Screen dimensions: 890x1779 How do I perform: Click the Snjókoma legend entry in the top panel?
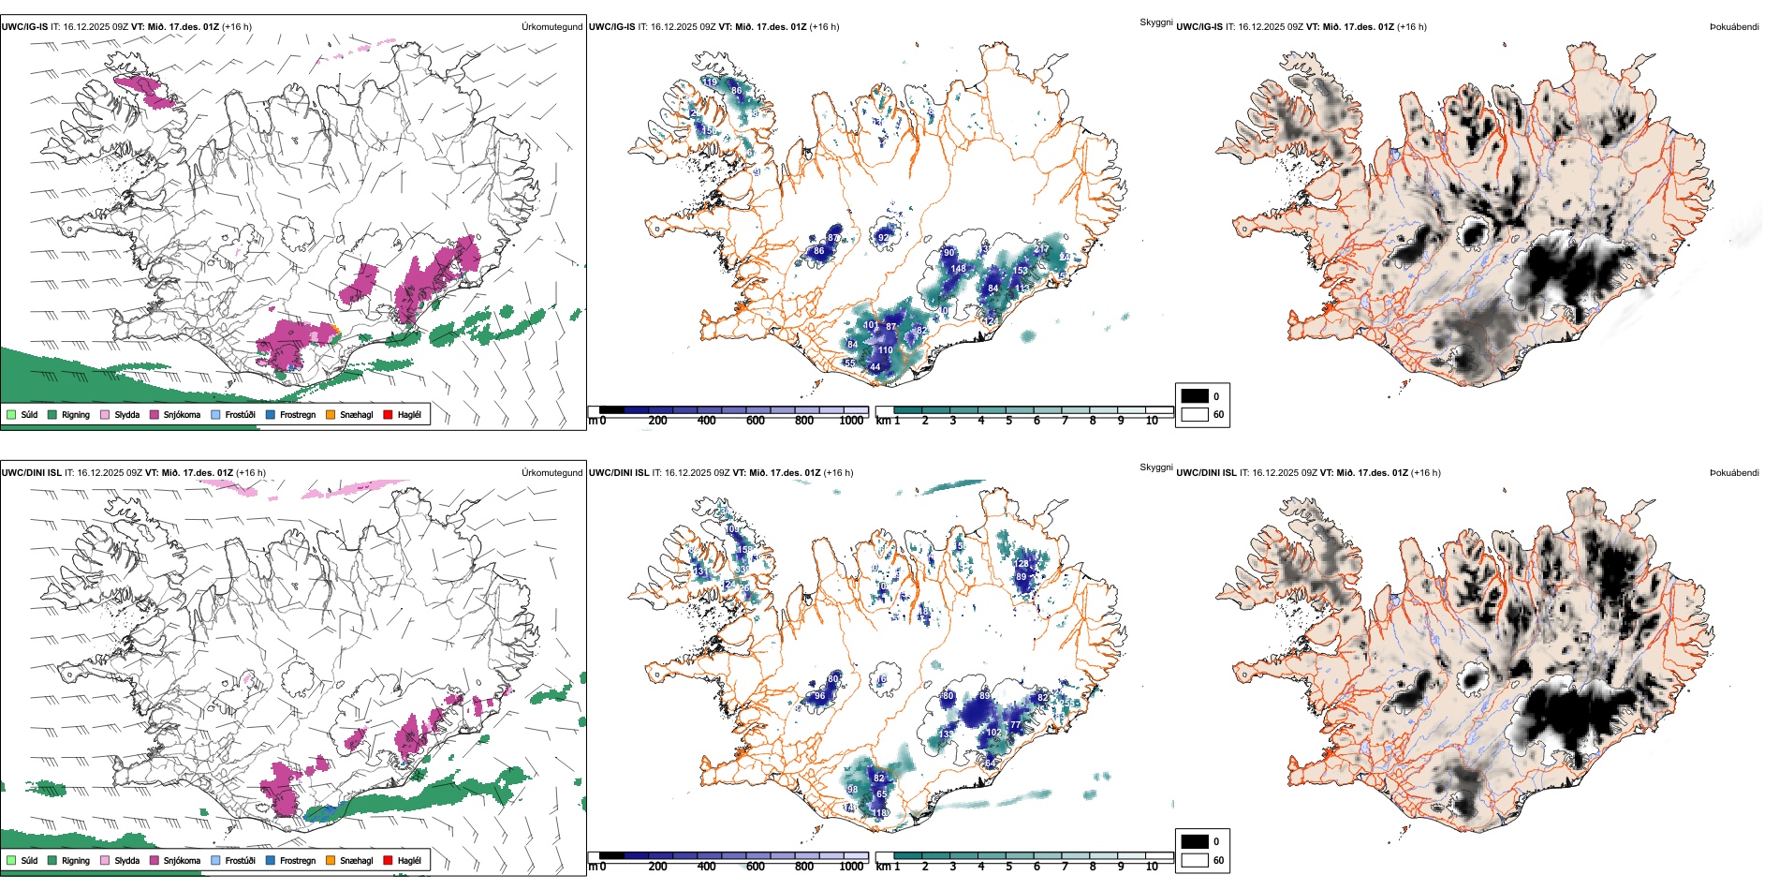(181, 415)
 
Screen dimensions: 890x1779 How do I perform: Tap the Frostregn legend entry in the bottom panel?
(297, 861)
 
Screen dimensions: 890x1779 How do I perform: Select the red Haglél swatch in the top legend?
(388, 415)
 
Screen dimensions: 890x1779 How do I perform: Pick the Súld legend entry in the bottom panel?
(29, 861)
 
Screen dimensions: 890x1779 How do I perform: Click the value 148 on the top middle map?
(958, 269)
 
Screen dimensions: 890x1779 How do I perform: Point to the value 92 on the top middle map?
(883, 238)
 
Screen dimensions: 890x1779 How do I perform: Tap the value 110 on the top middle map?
(885, 350)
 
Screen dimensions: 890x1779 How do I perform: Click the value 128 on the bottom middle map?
(1022, 564)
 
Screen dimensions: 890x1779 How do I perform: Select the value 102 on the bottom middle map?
(993, 733)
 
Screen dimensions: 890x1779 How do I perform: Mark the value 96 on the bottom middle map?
(819, 696)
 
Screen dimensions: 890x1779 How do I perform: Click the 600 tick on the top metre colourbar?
(756, 421)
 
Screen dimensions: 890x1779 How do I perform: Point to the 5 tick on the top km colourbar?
(1009, 421)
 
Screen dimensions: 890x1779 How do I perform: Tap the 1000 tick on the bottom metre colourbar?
(851, 867)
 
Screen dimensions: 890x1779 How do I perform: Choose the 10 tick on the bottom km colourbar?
(1152, 867)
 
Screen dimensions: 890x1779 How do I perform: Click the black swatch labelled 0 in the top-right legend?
(1195, 396)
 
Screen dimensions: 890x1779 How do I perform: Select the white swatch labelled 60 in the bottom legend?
(1195, 860)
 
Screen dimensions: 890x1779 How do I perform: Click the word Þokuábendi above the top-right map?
(1734, 27)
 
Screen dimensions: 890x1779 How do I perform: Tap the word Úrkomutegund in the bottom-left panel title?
(551, 473)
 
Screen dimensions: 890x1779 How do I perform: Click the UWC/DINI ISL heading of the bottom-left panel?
(31, 473)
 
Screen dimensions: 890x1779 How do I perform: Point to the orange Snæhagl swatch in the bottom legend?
(331, 861)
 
